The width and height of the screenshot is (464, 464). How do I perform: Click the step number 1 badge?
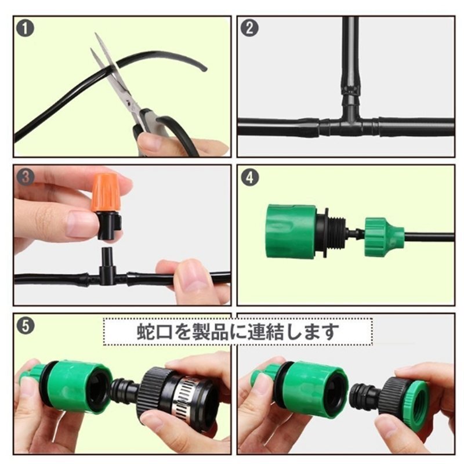click(x=25, y=28)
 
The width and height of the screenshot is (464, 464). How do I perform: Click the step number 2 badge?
click(x=249, y=28)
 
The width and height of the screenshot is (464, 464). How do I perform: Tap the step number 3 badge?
click(x=26, y=177)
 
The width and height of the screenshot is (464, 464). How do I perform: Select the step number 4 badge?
click(x=250, y=177)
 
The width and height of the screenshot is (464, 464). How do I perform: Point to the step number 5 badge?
click(x=26, y=326)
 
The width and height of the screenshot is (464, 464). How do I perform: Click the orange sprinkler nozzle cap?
click(x=106, y=192)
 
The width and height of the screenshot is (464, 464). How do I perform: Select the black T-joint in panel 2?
click(x=350, y=120)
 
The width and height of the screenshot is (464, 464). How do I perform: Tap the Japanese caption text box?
click(x=238, y=331)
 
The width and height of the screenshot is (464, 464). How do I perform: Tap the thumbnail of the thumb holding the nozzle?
click(x=78, y=224)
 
